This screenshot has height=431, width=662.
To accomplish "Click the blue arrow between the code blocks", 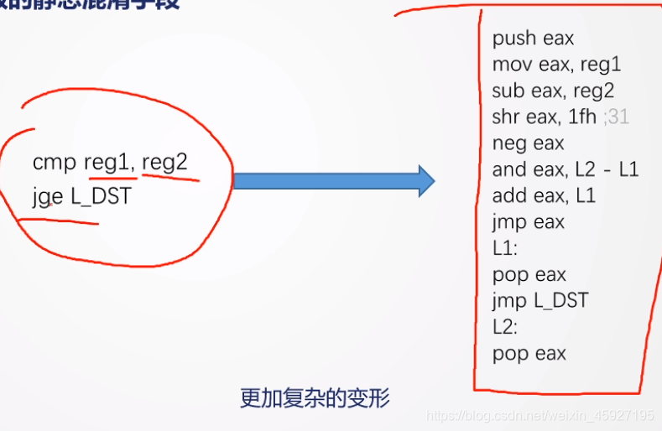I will [x=333, y=180].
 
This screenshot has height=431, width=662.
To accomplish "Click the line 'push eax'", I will [x=533, y=39].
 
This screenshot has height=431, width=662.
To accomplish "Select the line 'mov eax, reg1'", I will [x=556, y=65].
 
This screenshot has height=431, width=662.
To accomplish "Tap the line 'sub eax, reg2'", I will [x=555, y=91].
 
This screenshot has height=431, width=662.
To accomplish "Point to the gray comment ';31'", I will [x=616, y=117].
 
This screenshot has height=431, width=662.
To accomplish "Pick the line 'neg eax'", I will [x=528, y=143].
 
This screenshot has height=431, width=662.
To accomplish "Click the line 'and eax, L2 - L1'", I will [x=566, y=169].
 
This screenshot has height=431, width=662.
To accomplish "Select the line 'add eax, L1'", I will [x=544, y=195].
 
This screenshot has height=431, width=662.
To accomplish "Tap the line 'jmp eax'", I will [x=529, y=222].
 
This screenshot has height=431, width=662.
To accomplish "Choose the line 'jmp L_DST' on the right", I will [x=540, y=300].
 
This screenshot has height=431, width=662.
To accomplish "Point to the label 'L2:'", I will [x=505, y=326].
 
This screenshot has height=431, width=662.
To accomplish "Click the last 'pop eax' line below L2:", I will [x=529, y=353].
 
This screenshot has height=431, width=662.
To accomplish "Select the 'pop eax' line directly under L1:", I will [x=529, y=274].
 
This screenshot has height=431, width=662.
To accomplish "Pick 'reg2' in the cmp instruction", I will [x=164, y=162].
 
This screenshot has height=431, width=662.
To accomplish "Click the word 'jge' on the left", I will [x=47, y=199].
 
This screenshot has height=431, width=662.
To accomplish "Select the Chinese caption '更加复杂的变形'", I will [x=315, y=397].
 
